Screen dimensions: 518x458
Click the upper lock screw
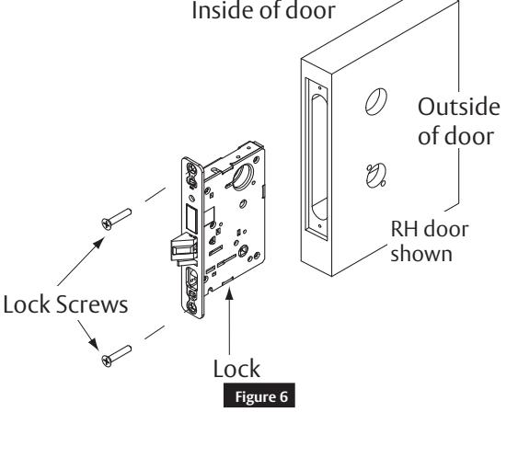pos(116,219)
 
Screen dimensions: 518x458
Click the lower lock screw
pos(116,356)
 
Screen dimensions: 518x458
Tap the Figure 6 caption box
pos(259,395)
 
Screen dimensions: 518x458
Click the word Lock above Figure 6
pos(236,369)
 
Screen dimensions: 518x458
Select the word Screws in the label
pos(92,304)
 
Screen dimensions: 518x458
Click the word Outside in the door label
pos(458,107)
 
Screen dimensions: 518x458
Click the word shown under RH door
pos(421,254)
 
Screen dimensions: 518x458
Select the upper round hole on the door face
pos(376,102)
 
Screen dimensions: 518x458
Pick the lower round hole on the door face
pos(376,176)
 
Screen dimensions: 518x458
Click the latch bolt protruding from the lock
pos(183,249)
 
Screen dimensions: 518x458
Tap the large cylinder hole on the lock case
pos(243,176)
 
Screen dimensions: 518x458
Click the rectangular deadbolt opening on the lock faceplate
pos(191,219)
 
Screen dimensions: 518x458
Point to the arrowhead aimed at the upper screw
pos(98,244)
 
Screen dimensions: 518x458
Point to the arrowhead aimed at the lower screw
pos(94,343)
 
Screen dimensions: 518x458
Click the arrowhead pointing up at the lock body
pos(229,293)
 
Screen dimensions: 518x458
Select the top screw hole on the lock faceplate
pos(191,169)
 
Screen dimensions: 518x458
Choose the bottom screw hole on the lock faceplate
pos(191,307)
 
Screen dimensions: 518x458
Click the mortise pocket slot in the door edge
pos(319,158)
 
